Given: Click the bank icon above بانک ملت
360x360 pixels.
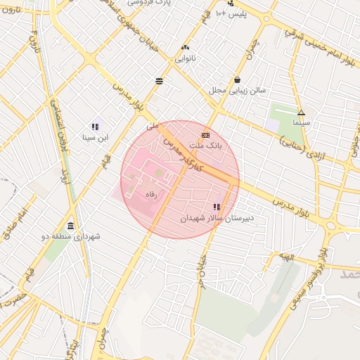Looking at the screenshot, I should tap(206, 135).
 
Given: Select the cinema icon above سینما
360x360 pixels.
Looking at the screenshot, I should tap(301, 112).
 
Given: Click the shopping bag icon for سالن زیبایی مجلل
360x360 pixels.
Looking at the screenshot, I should tap(238, 80).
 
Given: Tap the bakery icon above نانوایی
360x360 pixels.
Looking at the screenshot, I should tap(185, 47).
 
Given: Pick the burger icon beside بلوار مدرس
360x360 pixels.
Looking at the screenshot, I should tap(160, 81).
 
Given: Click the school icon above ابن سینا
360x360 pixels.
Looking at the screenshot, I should tap(95, 127).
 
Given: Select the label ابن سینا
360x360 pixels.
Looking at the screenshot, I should tap(95, 137).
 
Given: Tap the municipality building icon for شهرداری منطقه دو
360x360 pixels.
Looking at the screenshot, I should tap(70, 226).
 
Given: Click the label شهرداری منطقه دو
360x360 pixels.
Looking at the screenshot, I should tap(71, 237).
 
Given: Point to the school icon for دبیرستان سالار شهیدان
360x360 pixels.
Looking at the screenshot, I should tap(217, 207).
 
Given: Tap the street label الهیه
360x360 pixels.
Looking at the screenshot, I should tap(285, 257).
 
